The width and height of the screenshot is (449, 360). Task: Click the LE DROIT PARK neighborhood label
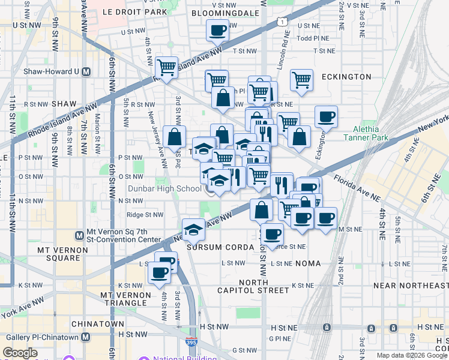134,12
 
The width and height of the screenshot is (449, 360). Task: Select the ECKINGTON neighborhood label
346,77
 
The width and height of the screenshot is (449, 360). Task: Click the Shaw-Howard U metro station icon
86,71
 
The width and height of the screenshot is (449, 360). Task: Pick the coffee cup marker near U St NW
217,29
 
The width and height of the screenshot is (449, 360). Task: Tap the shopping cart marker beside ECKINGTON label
301,79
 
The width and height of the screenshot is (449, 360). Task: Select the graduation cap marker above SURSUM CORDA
194,229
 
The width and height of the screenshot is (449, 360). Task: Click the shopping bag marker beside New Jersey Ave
174,136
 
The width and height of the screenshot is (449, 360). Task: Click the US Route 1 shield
281,22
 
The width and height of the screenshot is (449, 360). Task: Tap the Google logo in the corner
20,353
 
